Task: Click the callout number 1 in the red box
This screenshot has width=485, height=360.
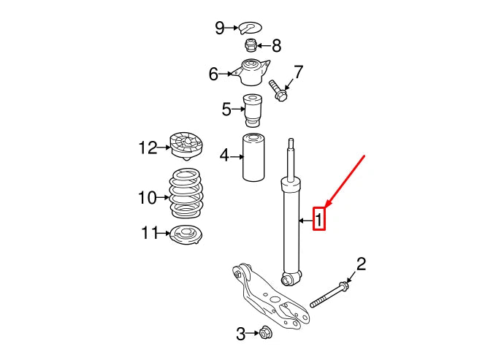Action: pyautogui.click(x=319, y=218)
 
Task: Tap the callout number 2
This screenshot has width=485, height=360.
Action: pyautogui.click(x=360, y=264)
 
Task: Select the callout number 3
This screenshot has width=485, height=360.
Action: pyautogui.click(x=241, y=334)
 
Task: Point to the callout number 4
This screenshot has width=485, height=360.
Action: pyautogui.click(x=224, y=155)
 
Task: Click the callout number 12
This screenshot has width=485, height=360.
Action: pyautogui.click(x=148, y=148)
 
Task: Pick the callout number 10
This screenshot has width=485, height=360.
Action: pyautogui.click(x=148, y=197)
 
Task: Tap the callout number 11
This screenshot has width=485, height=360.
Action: pyautogui.click(x=149, y=233)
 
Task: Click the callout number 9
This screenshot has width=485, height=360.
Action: pyautogui.click(x=220, y=28)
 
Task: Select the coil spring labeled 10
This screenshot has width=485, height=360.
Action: pyautogui.click(x=186, y=194)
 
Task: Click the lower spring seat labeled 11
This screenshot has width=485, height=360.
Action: pyautogui.click(x=185, y=235)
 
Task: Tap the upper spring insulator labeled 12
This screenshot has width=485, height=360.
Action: pyautogui.click(x=186, y=145)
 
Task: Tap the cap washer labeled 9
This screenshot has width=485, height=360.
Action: pyautogui.click(x=252, y=28)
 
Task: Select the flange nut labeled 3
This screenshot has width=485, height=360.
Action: pyautogui.click(x=266, y=334)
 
